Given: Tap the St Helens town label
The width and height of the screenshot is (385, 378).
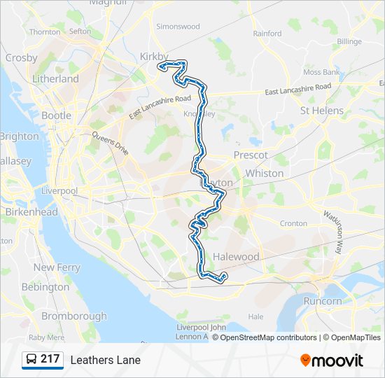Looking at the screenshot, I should (321, 111).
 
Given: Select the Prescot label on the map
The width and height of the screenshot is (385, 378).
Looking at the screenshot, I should (251, 155).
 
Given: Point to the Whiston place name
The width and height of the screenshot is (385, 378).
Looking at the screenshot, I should (265, 173).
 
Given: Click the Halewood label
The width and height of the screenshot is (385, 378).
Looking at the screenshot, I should (236, 257).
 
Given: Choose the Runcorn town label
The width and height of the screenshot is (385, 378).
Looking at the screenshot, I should (323, 301).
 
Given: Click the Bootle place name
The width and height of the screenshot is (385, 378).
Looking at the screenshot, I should (56, 115).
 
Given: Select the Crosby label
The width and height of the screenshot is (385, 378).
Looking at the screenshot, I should (21, 58).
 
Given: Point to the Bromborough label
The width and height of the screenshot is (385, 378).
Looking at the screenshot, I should (73, 316).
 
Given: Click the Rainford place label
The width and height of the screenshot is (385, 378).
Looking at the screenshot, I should (267, 33).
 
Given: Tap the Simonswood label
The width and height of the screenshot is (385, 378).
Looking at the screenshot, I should (178, 27).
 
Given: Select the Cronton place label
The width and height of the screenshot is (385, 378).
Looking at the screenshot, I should (293, 223).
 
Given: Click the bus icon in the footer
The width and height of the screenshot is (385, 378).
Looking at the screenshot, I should (31, 360).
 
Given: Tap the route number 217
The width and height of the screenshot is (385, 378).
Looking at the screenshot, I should (50, 359).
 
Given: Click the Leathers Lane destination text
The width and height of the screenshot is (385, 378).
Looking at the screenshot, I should (105, 360).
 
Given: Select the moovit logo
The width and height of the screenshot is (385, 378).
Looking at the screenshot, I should (332, 360).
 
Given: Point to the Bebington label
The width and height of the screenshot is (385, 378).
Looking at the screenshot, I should (45, 287).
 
